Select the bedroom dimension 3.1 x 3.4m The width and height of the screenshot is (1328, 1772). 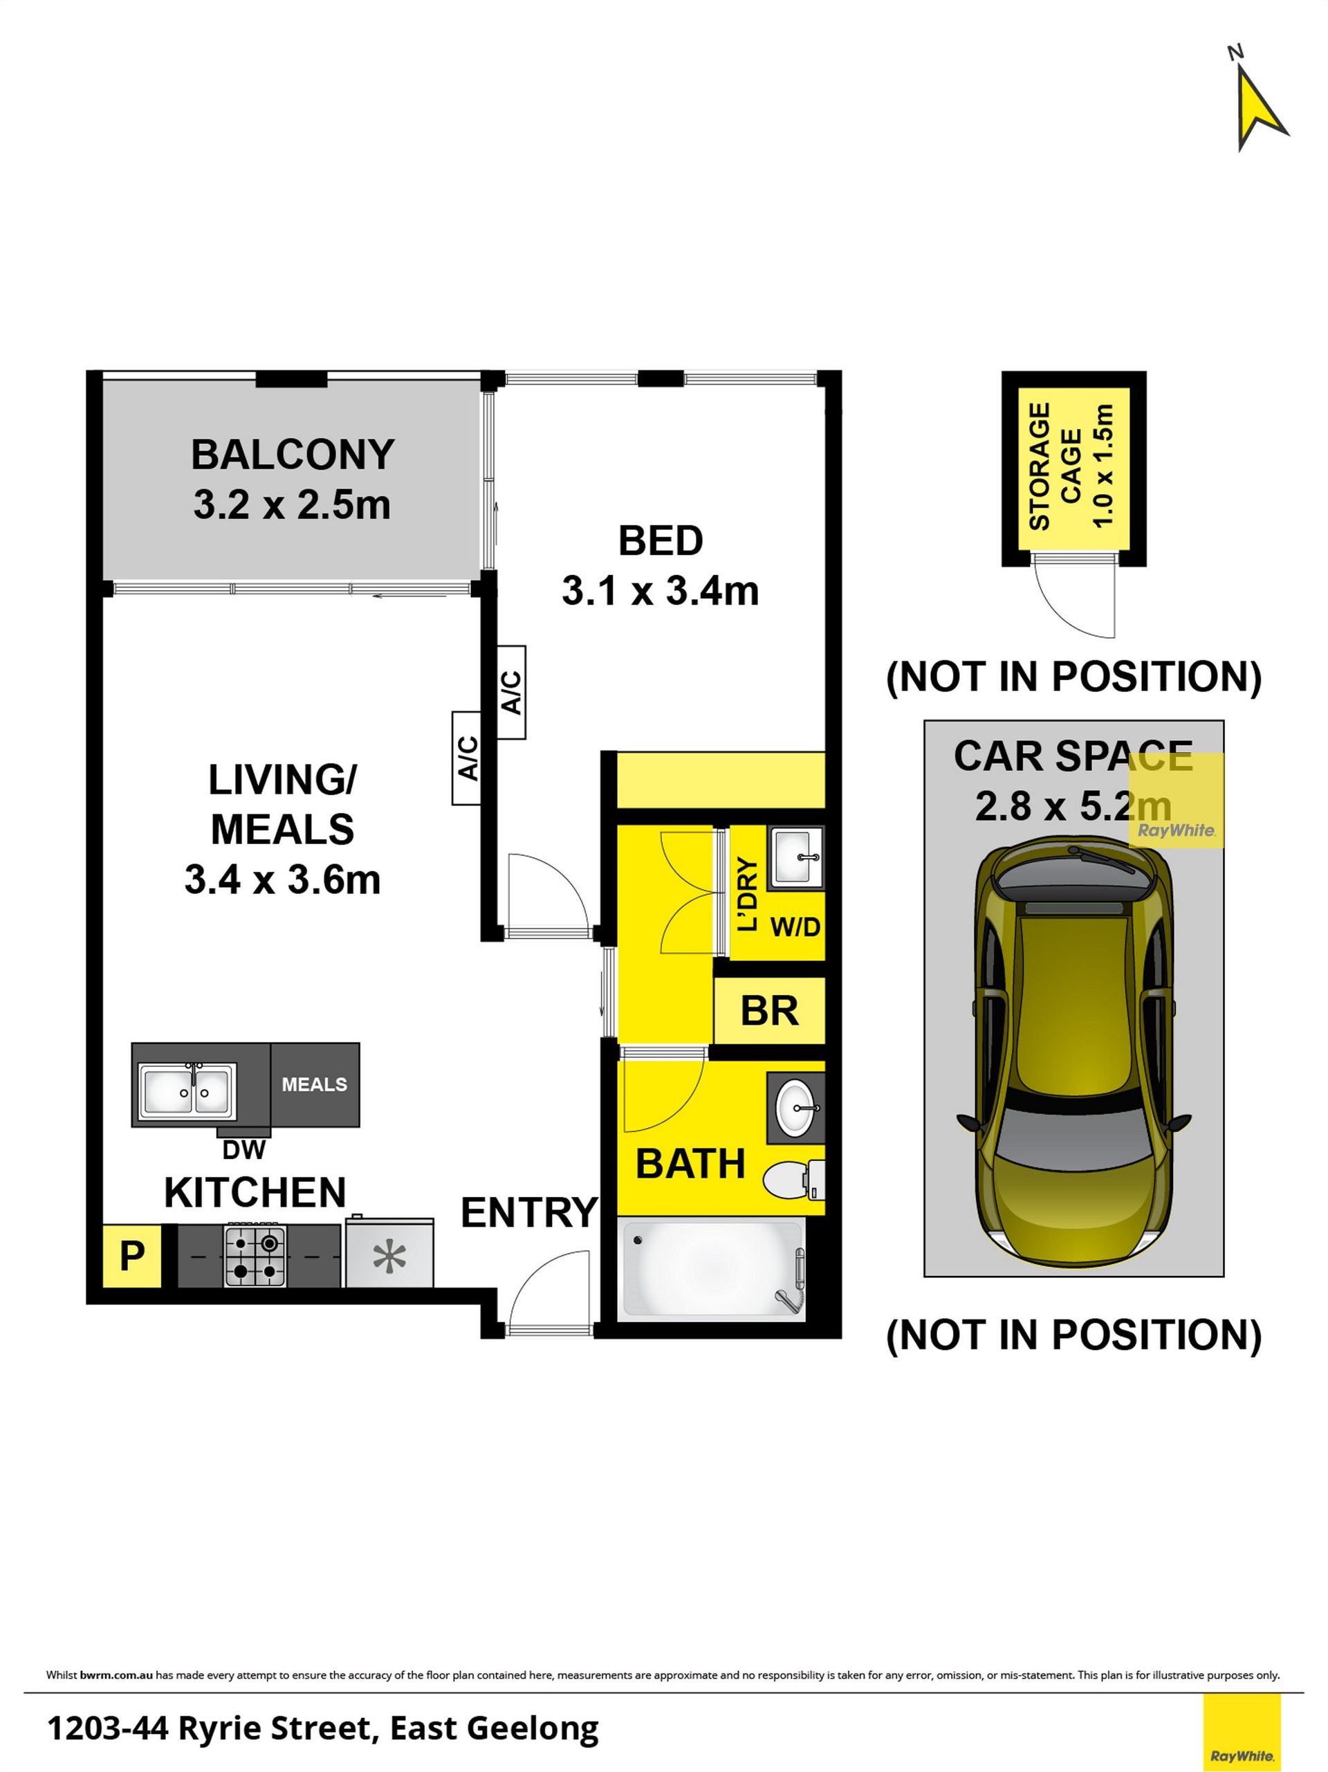coord(660,591)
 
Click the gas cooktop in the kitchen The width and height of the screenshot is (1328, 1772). coord(255,1256)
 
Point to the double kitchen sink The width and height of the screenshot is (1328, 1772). coord(187,1091)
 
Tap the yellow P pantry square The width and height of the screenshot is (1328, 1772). coord(132,1255)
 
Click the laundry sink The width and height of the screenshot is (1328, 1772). coord(796,858)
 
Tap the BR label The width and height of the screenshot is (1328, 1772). coord(769,1011)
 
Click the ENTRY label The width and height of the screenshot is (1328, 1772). coord(529,1213)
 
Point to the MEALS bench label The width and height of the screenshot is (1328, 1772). coord(314,1085)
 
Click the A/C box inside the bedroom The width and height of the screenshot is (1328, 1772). coord(511,692)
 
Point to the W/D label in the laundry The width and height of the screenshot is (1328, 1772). coord(795,928)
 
